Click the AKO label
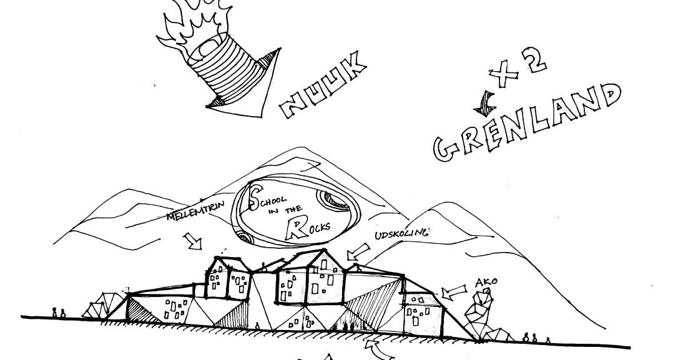(486, 281)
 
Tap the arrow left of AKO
(453, 291)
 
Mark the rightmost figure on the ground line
(548, 340)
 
